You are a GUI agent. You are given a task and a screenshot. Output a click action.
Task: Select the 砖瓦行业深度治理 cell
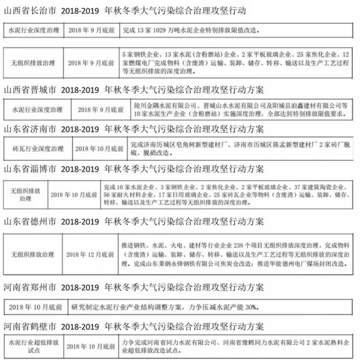pyautogui.click(x=35, y=148)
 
